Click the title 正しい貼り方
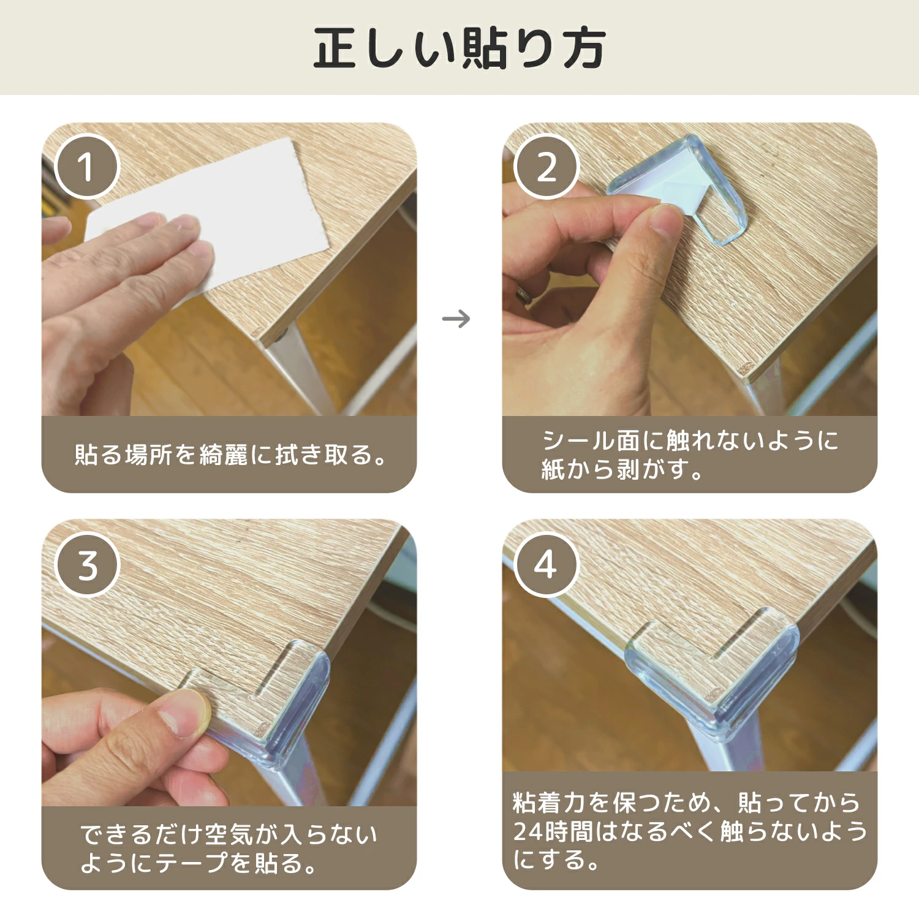point(459,48)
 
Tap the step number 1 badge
point(86,167)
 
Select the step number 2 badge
point(546,167)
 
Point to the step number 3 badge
point(86,564)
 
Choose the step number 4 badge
point(546,564)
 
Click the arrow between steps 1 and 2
point(456,319)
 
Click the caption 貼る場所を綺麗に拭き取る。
point(230,455)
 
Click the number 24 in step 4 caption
point(528,831)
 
